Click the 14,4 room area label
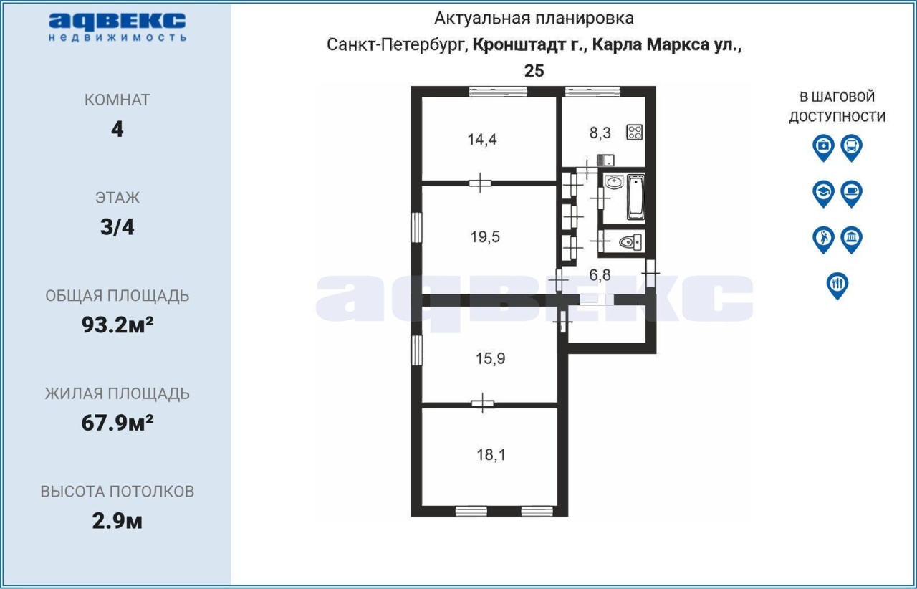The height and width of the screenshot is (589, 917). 482,140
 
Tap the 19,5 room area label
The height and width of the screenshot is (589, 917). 485,236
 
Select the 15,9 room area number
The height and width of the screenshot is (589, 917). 490,358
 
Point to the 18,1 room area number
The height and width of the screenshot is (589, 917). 491,455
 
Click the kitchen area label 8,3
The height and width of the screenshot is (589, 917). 600,133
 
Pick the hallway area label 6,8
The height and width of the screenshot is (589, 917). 600,275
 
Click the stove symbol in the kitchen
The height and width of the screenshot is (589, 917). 635,133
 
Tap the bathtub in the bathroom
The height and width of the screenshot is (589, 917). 635,198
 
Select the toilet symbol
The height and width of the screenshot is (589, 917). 630,243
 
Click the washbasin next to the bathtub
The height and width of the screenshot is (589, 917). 614,182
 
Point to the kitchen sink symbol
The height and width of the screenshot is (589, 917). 606,160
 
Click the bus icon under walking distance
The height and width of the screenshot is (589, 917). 851,148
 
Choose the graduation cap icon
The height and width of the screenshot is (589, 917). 823,193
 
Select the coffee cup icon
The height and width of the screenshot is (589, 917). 851,193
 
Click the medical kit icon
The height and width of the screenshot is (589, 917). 823,148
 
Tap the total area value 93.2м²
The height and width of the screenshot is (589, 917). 117,325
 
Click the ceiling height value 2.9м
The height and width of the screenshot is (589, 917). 117,521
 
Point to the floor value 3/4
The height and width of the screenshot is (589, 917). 117,227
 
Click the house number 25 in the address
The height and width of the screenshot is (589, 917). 534,71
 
